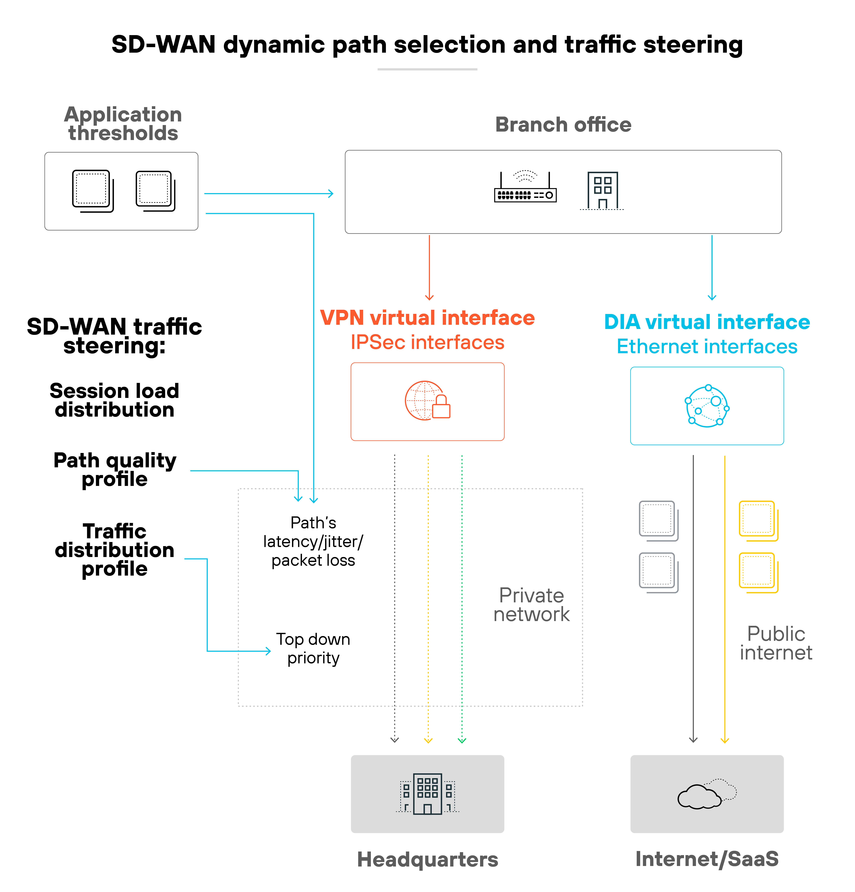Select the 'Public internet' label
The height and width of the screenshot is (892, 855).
[776, 643]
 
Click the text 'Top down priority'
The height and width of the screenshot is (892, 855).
[313, 648]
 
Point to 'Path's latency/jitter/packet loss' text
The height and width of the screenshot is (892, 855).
[313, 542]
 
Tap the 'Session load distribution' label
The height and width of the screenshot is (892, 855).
[114, 400]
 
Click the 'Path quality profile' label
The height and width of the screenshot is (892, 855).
[114, 470]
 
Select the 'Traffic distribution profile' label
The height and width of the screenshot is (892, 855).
[114, 550]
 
